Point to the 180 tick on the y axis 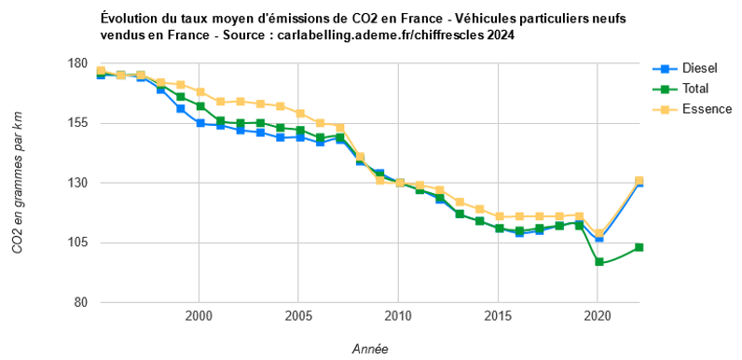click(x=77, y=63)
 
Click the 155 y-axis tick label click(x=77, y=123)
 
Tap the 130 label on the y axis click(x=77, y=183)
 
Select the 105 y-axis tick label click(x=77, y=242)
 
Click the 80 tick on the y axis click(x=81, y=302)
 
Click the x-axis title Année click(x=370, y=349)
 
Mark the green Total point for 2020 click(x=598, y=263)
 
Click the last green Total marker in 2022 click(x=639, y=247)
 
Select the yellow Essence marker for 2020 click(x=598, y=234)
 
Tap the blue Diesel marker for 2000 click(x=200, y=123)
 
